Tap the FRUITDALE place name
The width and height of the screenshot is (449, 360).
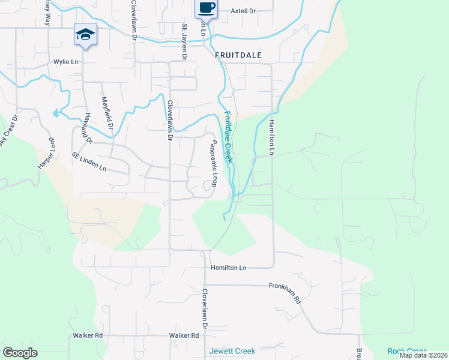click(x=238, y=55)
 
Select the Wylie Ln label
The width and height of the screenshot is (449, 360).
click(x=66, y=62)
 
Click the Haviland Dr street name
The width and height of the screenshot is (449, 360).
click(x=89, y=128)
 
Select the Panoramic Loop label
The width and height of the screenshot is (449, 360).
click(x=212, y=163)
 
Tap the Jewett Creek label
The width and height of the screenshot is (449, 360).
click(x=232, y=351)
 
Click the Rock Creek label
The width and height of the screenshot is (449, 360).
click(x=406, y=351)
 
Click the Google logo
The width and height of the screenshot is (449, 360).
click(x=20, y=353)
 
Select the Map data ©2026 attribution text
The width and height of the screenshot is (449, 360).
click(x=423, y=355)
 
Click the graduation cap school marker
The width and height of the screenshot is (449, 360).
click(x=85, y=34)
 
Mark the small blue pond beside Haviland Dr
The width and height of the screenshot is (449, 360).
click(x=56, y=113)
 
